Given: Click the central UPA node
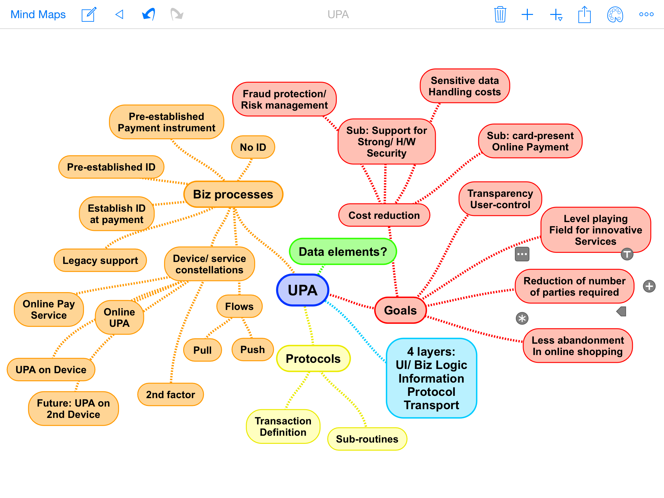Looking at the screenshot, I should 302,290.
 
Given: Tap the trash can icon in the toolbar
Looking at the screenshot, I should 500,15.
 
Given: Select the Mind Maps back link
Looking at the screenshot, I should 38,15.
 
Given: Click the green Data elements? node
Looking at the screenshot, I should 343,252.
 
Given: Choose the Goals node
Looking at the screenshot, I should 400,310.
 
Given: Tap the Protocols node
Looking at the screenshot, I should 313,359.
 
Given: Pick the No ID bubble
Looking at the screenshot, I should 253,147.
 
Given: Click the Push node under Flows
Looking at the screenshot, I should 253,350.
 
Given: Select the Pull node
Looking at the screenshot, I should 202,350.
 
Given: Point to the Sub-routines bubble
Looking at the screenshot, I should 367,439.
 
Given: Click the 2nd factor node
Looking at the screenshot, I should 171,395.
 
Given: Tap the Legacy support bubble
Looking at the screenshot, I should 100,260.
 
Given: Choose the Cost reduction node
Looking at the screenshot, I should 384,215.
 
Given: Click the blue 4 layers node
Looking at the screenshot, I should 431,378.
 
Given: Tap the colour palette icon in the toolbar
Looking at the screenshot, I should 615,15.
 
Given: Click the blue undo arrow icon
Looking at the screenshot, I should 148,15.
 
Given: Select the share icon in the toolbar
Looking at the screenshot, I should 584,15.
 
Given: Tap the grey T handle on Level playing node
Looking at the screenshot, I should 627,254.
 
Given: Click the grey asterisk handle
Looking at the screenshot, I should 522,318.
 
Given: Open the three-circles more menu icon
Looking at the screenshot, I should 646,14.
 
